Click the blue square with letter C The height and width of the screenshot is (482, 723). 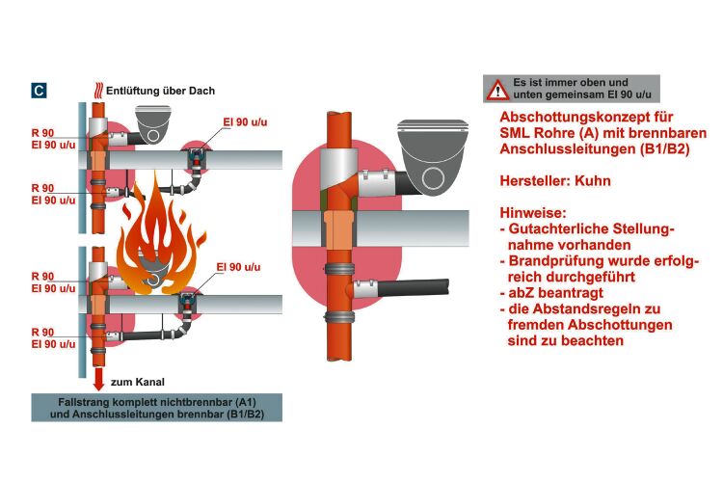click(39, 92)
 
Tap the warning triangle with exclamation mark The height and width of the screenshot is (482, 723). click(497, 90)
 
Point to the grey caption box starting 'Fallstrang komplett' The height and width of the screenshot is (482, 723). click(156, 407)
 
